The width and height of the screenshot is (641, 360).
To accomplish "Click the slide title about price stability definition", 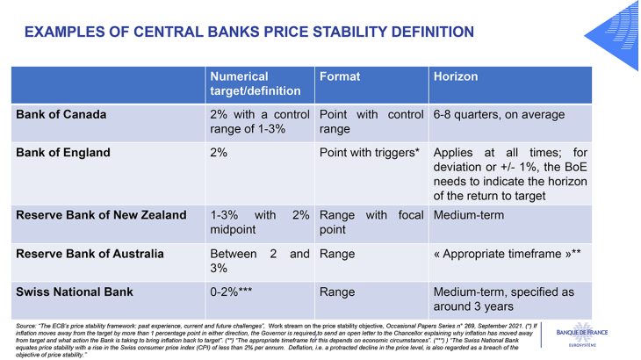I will tap(248, 32).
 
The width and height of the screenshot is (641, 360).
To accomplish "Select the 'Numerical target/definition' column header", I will tap(255, 83).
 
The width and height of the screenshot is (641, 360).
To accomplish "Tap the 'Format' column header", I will tap(339, 76).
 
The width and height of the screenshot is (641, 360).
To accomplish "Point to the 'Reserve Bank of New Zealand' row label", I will tap(102, 215).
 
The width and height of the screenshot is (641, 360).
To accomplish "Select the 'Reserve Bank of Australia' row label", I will tap(90, 255).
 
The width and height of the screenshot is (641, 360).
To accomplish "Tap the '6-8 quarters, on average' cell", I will tap(501, 115).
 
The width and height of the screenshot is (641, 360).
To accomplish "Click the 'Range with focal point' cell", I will tap(371, 222).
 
